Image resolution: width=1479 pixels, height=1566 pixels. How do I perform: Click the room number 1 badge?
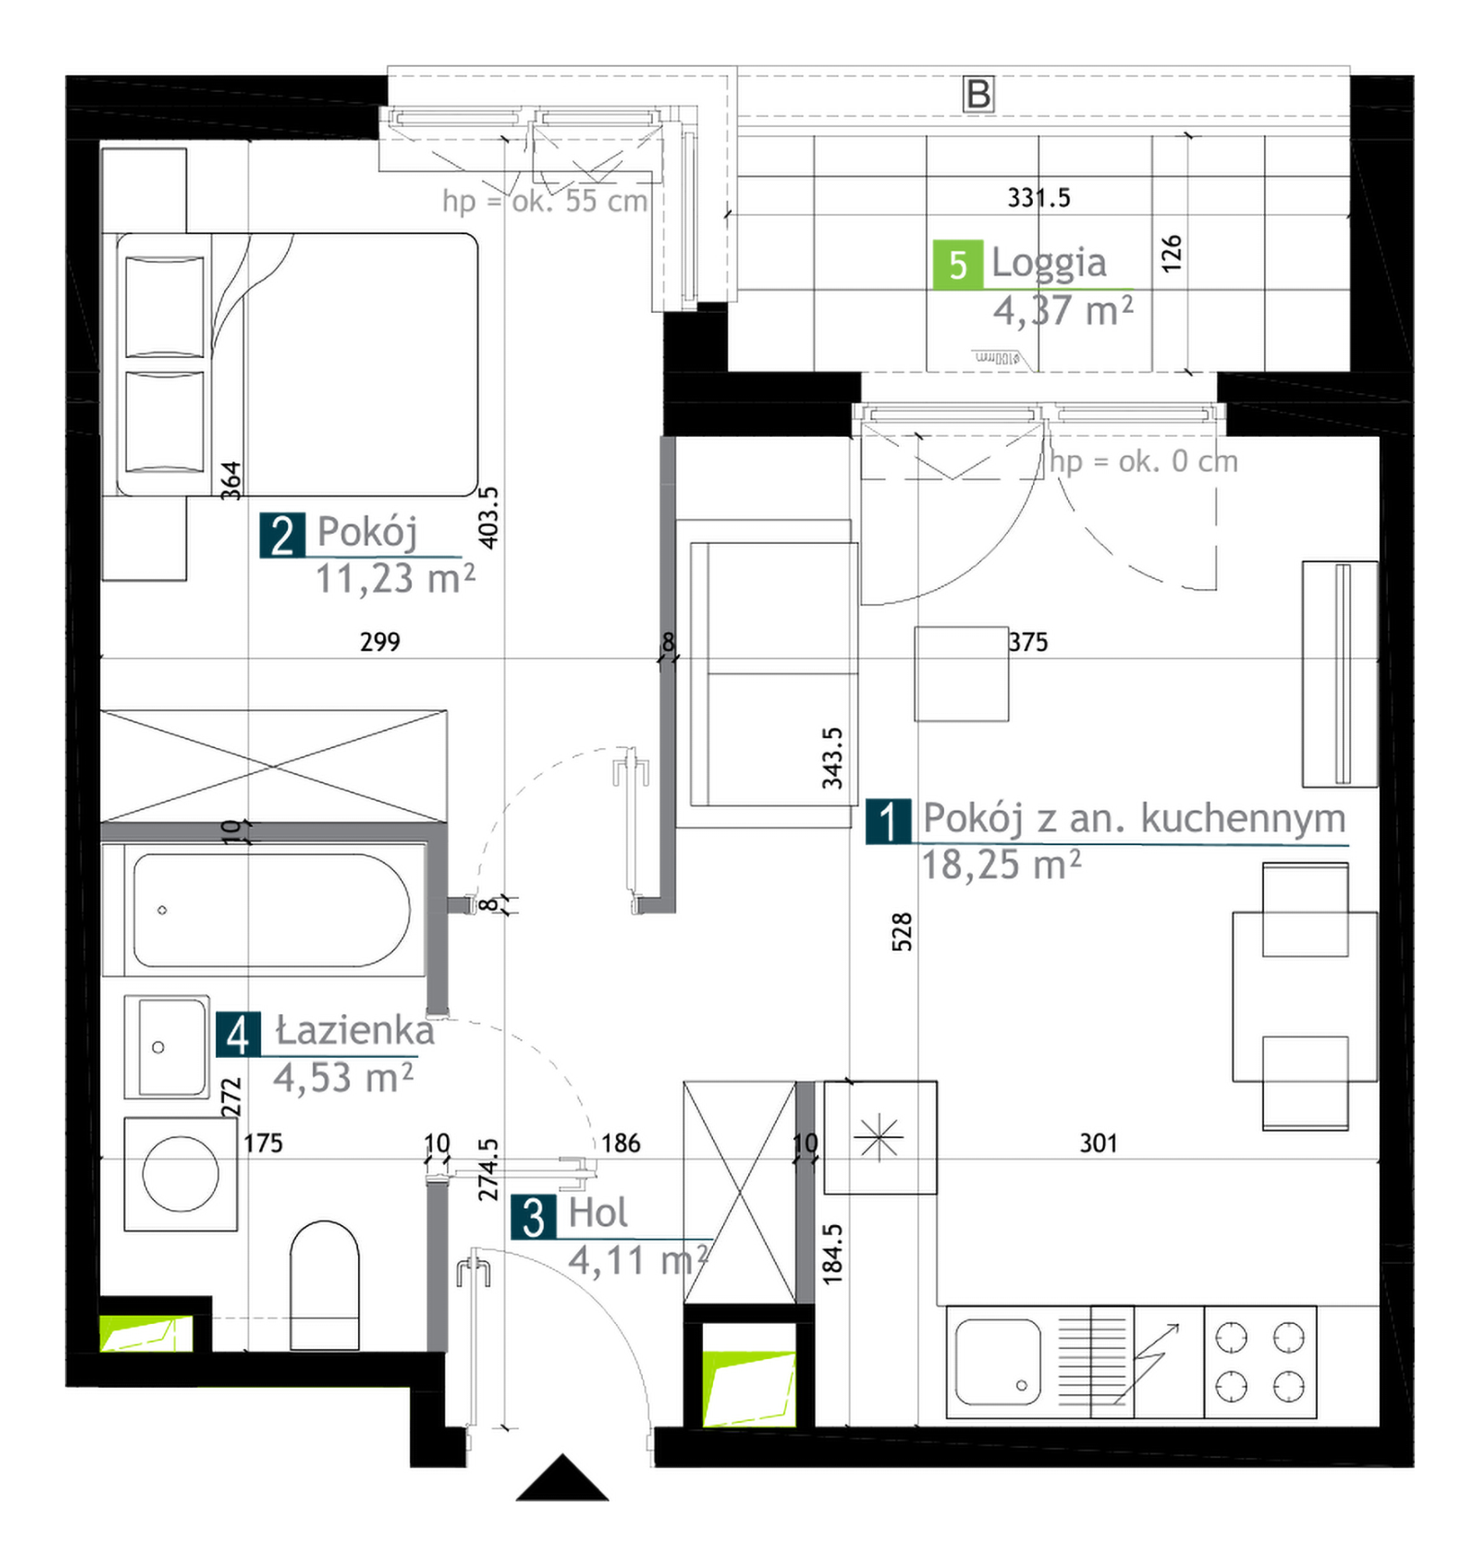click(888, 821)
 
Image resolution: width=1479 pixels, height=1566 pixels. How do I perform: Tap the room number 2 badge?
click(283, 536)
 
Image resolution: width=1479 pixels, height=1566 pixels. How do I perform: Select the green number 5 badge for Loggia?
click(958, 265)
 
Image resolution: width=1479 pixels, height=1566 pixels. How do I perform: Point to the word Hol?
click(599, 1212)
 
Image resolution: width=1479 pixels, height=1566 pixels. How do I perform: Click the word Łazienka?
click(355, 1031)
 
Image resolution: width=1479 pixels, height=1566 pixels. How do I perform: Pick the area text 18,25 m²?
click(1001, 866)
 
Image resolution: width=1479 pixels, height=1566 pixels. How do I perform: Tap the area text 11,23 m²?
click(395, 579)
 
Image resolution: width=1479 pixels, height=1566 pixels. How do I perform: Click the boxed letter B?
click(978, 93)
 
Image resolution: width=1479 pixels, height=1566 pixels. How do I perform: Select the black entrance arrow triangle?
click(562, 1478)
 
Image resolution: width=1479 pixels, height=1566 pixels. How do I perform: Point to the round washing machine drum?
click(181, 1174)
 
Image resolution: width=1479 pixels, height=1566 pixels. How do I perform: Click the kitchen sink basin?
click(998, 1362)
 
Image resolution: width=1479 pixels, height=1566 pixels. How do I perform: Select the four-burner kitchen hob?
click(1259, 1363)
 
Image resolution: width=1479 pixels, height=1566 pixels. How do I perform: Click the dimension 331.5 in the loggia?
click(1039, 198)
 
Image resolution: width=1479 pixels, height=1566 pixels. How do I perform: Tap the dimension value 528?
click(902, 932)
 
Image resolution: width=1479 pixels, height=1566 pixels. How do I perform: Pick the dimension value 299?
click(380, 642)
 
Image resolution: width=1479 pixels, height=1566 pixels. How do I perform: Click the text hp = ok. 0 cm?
click(1144, 462)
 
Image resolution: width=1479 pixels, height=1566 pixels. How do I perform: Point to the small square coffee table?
click(961, 674)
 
